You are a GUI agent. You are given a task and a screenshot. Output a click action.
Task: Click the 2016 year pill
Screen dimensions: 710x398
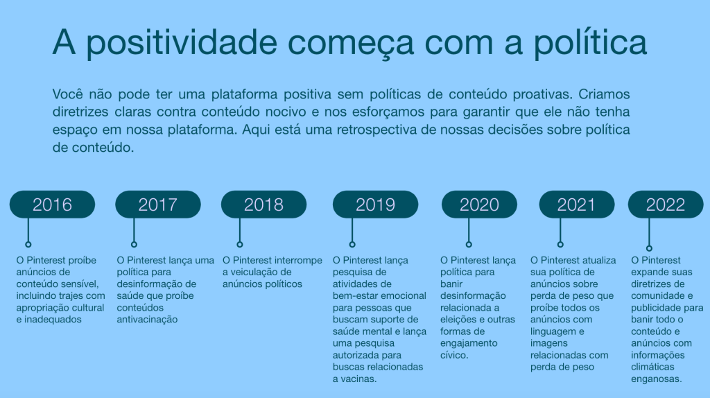[52, 205]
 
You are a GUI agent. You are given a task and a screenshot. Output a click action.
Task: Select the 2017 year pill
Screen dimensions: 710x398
[158, 205]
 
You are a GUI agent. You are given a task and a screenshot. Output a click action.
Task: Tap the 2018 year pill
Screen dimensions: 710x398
[263, 205]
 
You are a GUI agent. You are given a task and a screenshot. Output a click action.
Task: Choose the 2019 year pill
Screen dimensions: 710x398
[375, 205]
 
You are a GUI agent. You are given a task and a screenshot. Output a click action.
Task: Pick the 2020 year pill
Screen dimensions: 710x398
[479, 205]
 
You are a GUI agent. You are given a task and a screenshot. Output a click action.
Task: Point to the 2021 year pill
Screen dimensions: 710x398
[576, 205]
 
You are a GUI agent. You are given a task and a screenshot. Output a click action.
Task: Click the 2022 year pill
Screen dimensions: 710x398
[666, 205]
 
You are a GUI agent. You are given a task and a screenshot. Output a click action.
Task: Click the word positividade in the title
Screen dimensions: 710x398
[181, 43]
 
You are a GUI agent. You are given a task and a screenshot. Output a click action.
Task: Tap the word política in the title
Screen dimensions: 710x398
[590, 43]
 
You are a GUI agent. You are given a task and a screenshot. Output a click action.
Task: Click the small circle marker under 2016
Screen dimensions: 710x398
[28, 245]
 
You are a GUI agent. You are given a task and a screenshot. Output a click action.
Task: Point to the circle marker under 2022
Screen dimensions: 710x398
[649, 248]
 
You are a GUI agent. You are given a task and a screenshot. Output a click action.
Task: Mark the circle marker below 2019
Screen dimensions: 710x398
[352, 245]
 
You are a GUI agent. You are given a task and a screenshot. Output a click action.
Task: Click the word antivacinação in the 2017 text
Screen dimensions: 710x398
[147, 319]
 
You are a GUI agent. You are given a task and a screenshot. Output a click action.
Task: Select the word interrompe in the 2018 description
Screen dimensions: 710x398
[299, 260]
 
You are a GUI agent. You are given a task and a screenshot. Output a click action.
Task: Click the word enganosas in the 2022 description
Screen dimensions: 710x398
[657, 379]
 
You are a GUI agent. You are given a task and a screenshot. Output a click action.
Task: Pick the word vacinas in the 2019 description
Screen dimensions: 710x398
[360, 379]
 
